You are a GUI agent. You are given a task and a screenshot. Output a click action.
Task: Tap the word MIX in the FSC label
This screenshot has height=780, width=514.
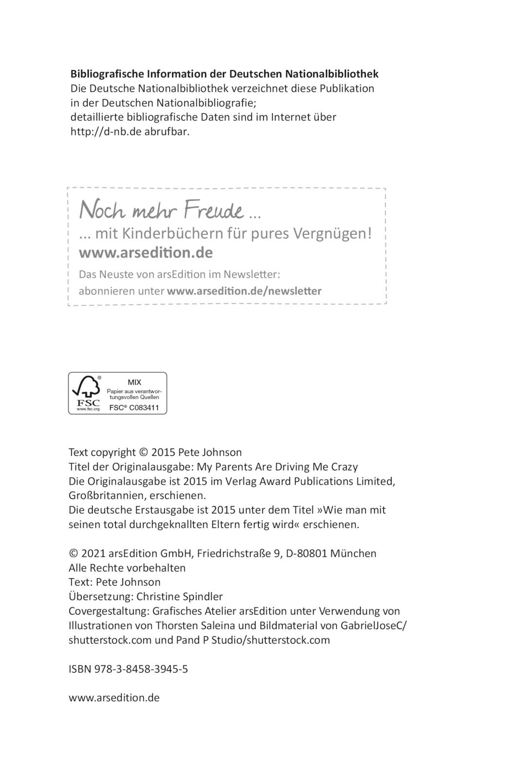(134, 383)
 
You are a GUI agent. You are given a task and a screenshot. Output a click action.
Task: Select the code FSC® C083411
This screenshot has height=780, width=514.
(134, 408)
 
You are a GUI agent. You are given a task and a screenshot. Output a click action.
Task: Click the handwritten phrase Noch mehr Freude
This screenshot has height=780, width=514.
(161, 210)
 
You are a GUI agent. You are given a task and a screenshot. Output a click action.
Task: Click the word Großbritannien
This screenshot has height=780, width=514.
(101, 496)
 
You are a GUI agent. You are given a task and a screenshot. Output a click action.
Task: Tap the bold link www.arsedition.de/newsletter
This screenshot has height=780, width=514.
(244, 291)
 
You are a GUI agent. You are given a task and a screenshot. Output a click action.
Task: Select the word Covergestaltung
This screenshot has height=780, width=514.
(109, 611)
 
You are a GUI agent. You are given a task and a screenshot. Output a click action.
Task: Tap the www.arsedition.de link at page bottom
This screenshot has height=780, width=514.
(114, 698)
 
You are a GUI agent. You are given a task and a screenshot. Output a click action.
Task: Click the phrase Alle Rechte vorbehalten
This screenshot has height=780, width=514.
(127, 568)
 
